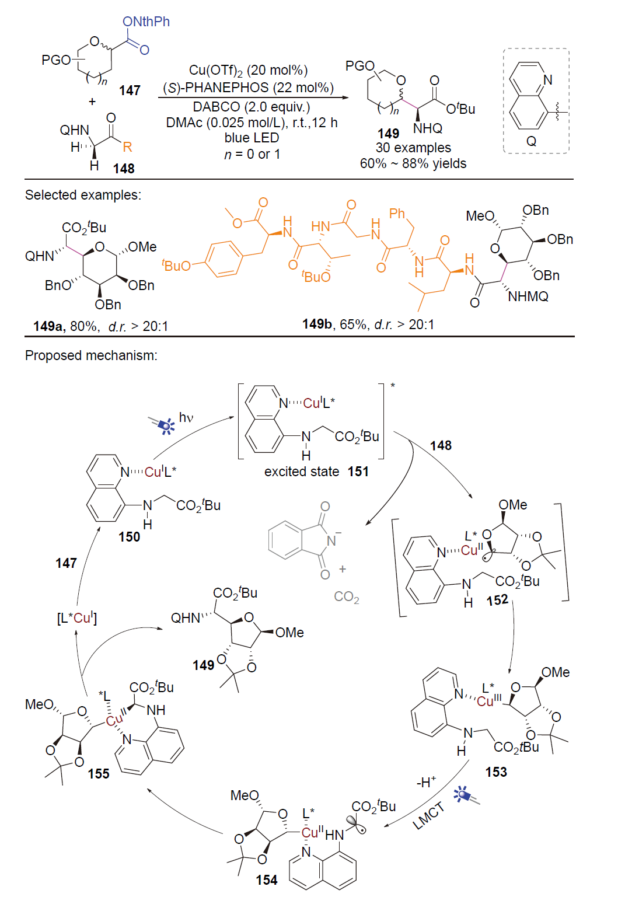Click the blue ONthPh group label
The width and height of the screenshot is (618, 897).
[x=146, y=22]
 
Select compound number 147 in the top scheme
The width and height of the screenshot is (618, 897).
[x=130, y=90]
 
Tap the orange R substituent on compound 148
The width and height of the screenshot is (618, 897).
[x=127, y=147]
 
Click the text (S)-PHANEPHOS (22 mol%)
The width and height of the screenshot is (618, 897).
[x=249, y=88]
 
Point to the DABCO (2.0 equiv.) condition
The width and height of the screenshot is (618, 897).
[x=251, y=107]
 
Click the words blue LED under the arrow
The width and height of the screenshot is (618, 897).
[x=252, y=138]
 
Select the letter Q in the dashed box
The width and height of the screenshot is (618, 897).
[x=531, y=141]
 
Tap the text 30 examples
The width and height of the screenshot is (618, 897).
[x=413, y=148]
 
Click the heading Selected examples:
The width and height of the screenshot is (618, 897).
[x=83, y=195]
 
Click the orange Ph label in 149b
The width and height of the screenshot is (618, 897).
[x=397, y=214]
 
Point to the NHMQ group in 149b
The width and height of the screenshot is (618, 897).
[x=528, y=296]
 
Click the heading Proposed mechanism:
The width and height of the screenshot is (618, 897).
[x=91, y=355]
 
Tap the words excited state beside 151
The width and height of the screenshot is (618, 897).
[x=302, y=472]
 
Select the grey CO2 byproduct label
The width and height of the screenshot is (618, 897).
[x=347, y=597]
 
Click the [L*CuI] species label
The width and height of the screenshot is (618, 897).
[x=77, y=618]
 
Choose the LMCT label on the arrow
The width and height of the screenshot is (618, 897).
[x=429, y=815]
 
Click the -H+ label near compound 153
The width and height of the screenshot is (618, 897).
[x=426, y=781]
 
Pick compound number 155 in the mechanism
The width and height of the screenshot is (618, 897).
[x=99, y=773]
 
